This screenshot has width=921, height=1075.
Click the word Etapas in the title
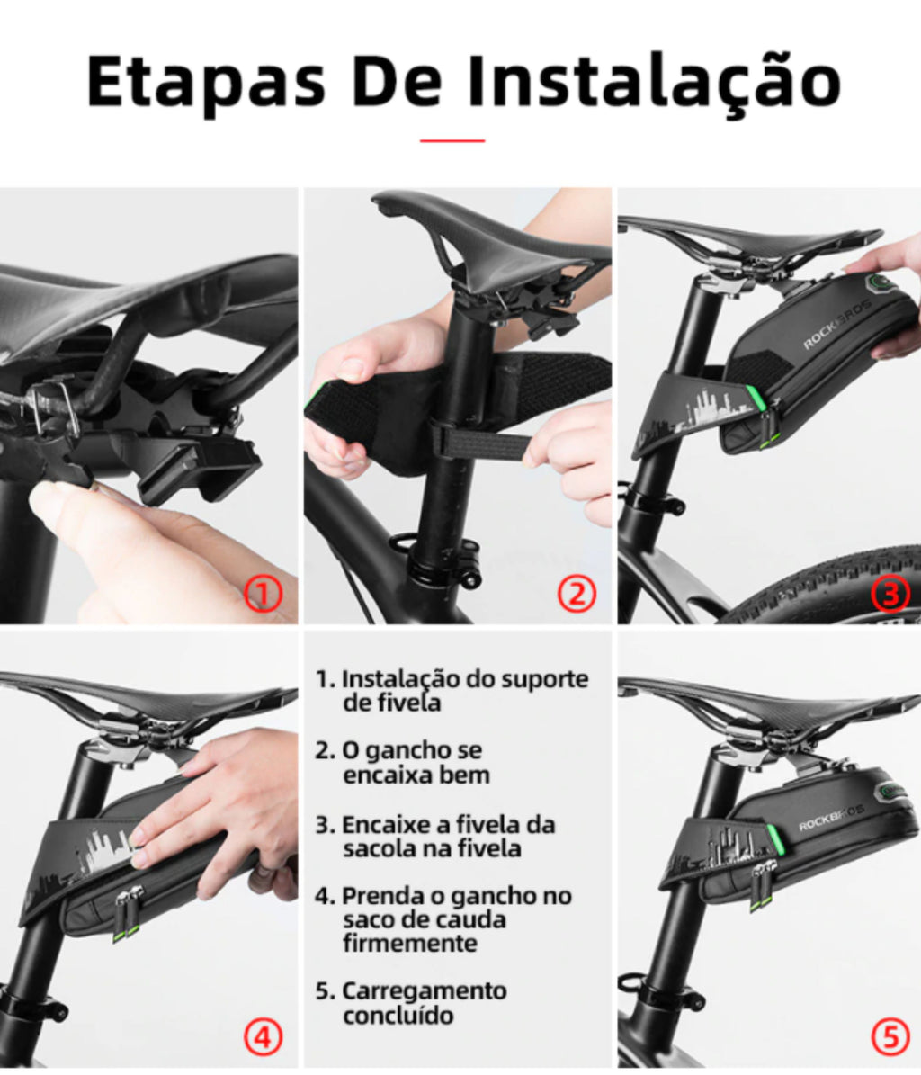[206, 80]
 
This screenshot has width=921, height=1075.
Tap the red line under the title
[452, 140]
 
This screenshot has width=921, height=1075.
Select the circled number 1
[264, 594]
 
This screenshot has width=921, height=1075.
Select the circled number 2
[577, 594]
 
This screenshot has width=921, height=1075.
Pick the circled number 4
[264, 1037]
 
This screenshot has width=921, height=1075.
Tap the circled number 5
[890, 1037]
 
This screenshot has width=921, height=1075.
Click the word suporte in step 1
[545, 680]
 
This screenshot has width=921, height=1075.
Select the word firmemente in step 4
[410, 944]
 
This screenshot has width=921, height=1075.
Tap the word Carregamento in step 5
[425, 992]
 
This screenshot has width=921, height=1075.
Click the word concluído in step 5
[398, 1016]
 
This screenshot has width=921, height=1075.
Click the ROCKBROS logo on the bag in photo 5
[830, 817]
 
